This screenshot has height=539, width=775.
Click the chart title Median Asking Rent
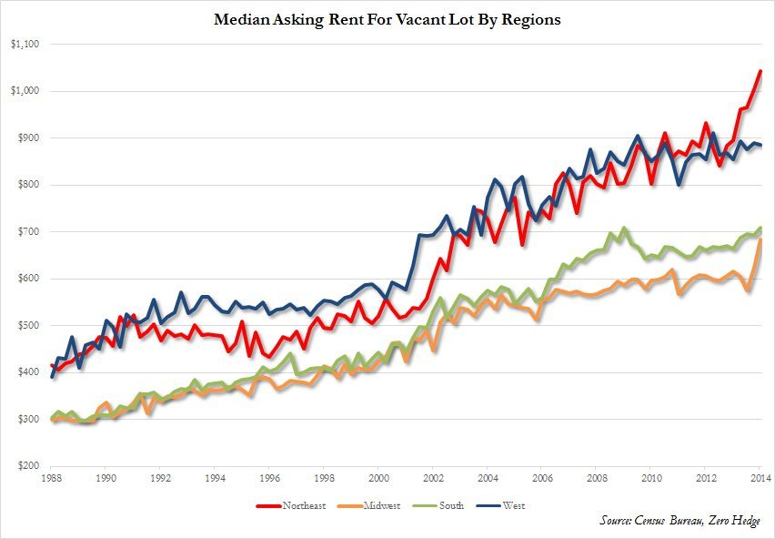(x=387, y=20)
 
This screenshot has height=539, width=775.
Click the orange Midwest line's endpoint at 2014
(x=760, y=240)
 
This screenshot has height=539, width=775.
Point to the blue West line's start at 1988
(x=52, y=376)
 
